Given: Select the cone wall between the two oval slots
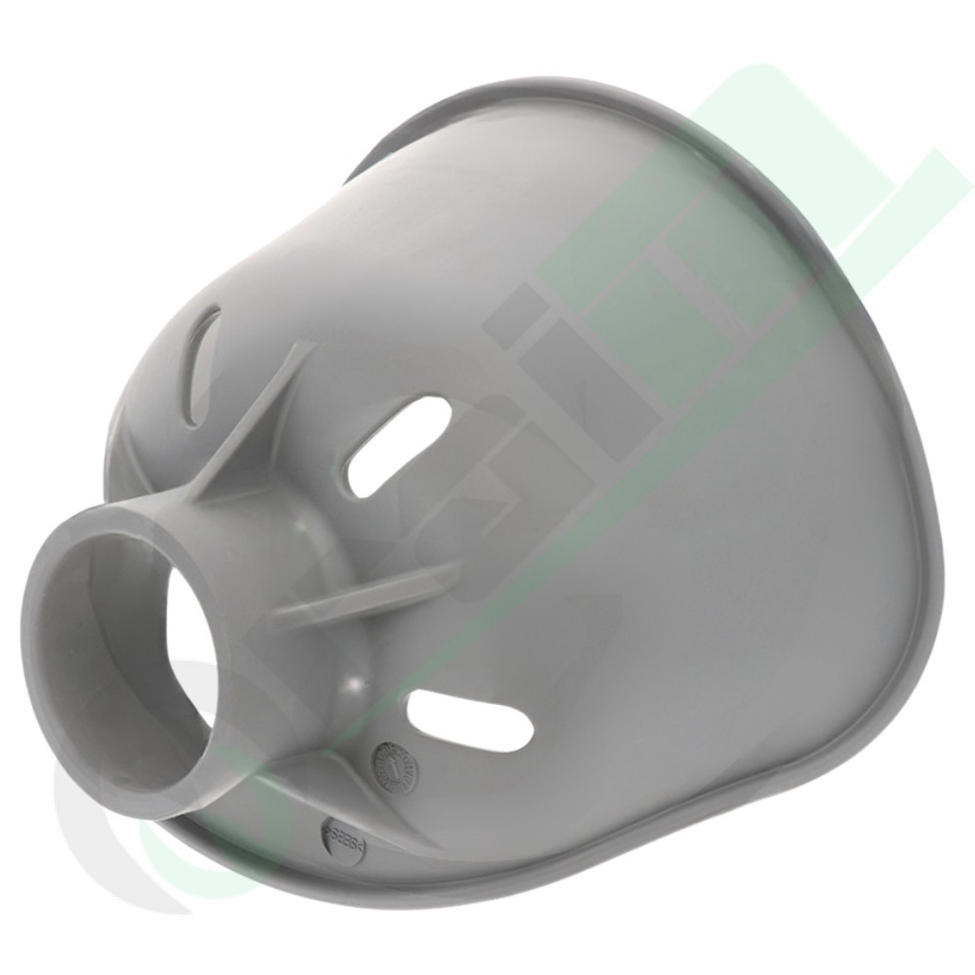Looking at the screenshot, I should [458, 585].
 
